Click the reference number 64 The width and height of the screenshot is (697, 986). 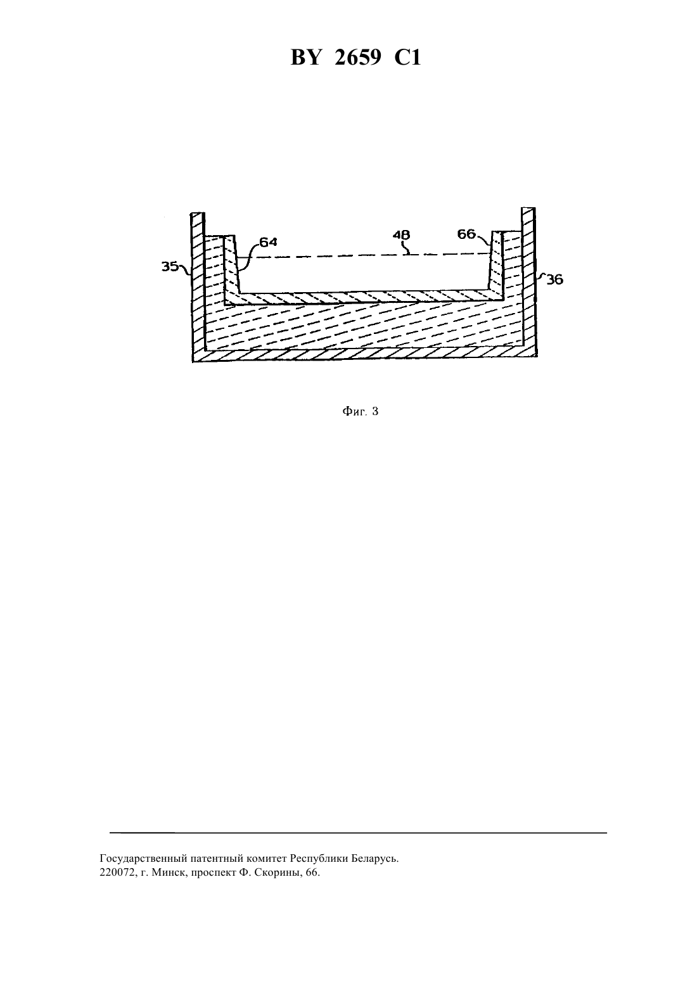point(268,241)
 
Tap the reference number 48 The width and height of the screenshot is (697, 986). point(401,235)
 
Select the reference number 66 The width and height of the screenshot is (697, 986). point(466,234)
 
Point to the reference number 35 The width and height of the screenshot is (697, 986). point(169,266)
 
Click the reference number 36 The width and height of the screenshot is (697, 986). point(554,280)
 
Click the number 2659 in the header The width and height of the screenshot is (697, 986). point(357,58)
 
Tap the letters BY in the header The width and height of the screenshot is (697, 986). point(305,58)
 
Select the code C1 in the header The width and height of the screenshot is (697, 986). point(407,58)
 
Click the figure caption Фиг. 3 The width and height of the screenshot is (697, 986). point(360,411)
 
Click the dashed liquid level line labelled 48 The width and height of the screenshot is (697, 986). point(364,255)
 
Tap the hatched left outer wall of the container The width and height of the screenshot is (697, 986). point(198,282)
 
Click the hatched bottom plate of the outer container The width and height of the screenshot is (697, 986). point(364,354)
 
